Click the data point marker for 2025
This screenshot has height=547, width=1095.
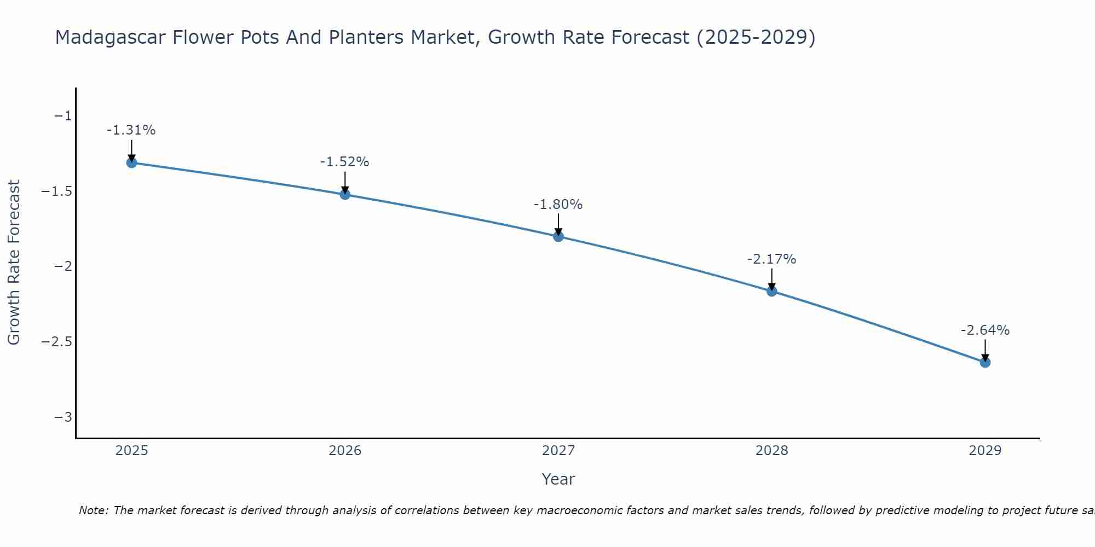[131, 162]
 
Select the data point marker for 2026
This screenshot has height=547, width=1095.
[345, 194]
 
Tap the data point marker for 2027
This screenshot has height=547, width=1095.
[558, 236]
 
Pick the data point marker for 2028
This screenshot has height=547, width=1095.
[772, 291]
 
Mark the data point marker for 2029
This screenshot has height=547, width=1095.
[985, 362]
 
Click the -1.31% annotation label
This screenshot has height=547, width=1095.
[131, 130]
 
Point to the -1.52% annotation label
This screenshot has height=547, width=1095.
[344, 162]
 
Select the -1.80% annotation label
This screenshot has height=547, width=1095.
[558, 205]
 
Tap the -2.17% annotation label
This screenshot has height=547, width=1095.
[771, 259]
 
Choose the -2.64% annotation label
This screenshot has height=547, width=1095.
[985, 330]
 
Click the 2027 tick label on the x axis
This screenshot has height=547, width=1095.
[558, 451]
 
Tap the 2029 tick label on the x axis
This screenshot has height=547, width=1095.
[985, 451]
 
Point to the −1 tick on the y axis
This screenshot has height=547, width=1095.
[62, 116]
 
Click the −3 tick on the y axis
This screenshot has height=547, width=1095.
[62, 417]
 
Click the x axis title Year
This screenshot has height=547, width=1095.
[558, 479]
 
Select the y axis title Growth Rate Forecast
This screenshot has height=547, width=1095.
[14, 263]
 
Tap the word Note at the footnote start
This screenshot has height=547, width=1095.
[93, 510]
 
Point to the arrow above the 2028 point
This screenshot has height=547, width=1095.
[772, 278]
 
